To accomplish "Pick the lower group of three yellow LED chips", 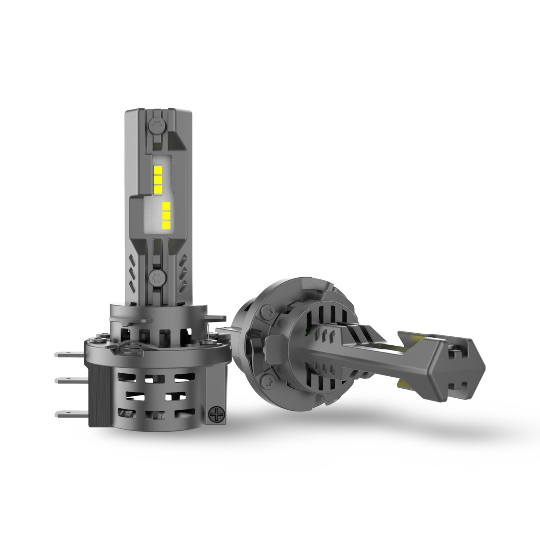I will coord(167,215).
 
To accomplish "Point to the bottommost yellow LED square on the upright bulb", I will coord(167,224).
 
